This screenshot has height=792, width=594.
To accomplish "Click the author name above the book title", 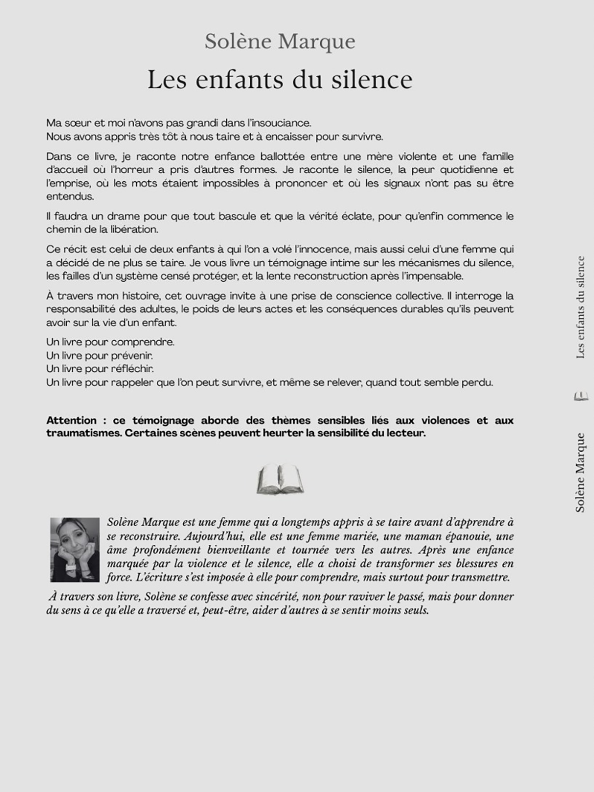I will coord(280,42).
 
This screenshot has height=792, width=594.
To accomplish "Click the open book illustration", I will coord(280,479).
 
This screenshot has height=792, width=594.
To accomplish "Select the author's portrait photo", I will coord(75,549).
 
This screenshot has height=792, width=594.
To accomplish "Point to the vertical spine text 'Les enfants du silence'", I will coord(581,307).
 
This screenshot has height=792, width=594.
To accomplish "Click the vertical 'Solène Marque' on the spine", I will coord(580,473).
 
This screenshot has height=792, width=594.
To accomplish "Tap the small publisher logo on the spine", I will coord(581,396).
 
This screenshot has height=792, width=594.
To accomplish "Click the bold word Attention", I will coord(71,420).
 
